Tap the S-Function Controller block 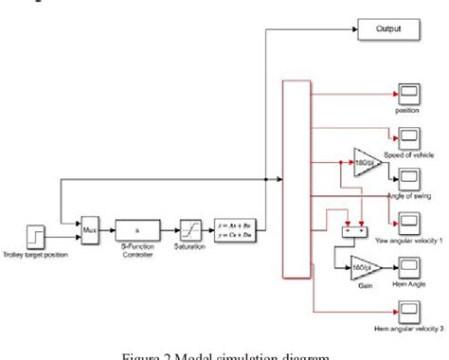138,229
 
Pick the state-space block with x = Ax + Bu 235,229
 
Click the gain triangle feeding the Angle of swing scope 367,161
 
